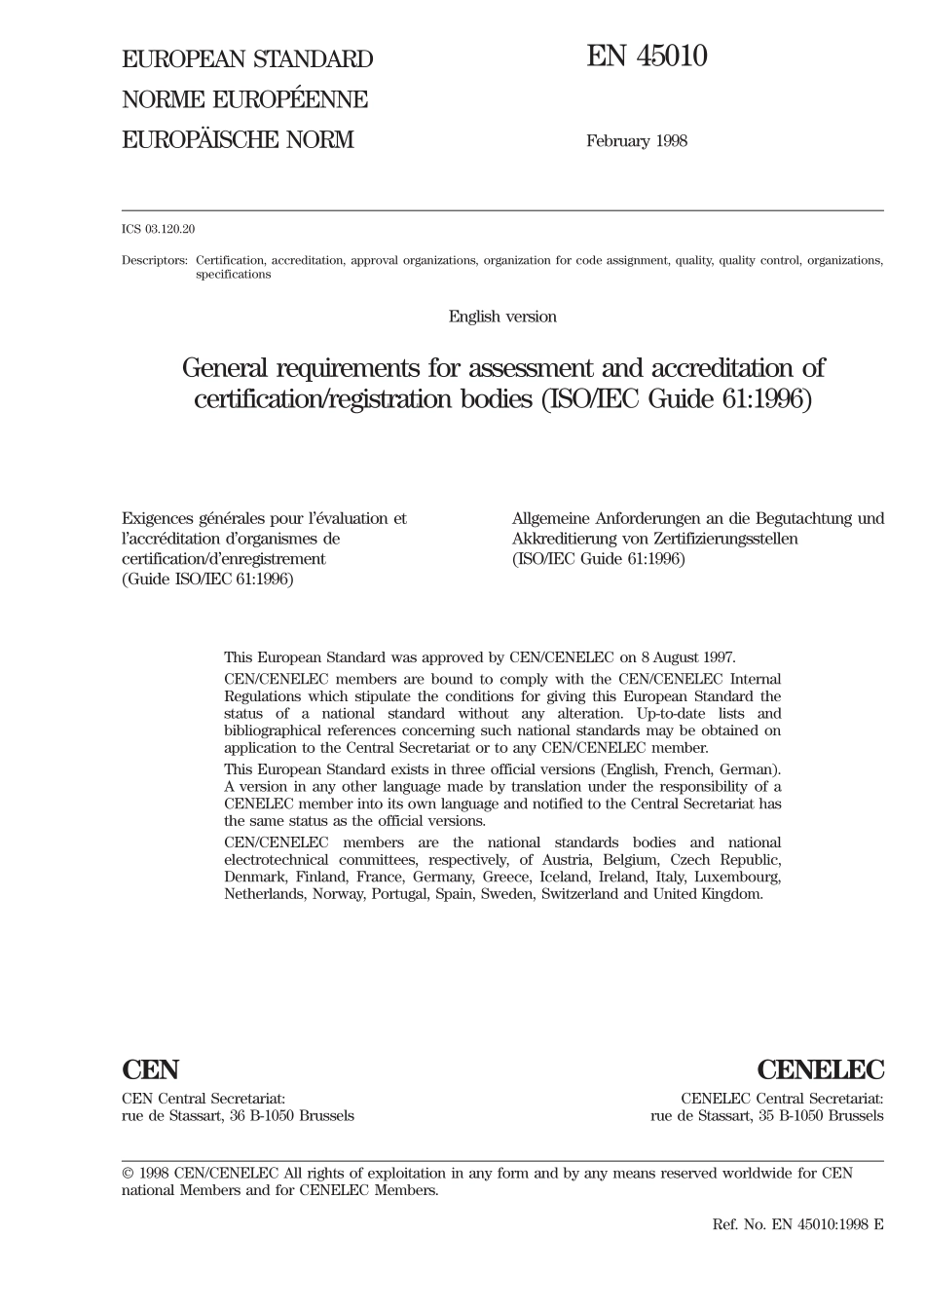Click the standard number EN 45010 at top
coord(647,57)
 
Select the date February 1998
coord(636,141)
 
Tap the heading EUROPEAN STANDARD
coord(246,59)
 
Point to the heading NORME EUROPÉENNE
coord(244,99)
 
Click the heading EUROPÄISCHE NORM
coord(238,140)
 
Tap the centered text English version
coord(502,317)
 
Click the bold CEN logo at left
coord(150,1070)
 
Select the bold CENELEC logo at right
coord(820,1070)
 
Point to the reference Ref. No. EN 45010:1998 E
coord(797,1224)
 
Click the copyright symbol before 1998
coord(128,1174)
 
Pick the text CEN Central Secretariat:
coord(203,1098)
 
